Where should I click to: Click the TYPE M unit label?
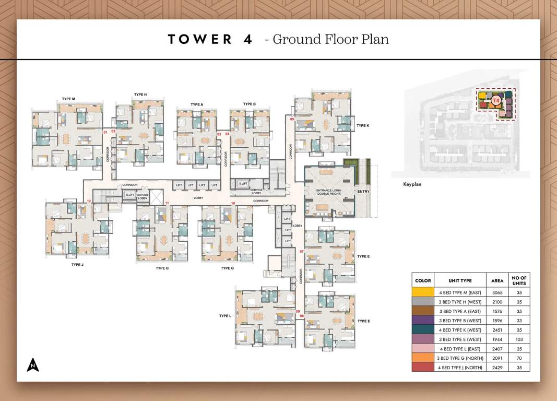coord(68,99)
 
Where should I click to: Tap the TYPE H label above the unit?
coord(140,95)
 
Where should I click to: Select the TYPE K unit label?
coord(363,126)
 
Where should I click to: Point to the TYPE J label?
coord(77,265)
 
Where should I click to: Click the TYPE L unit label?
coord(225,316)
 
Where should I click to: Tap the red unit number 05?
coord(292,120)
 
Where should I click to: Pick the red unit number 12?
coord(89,201)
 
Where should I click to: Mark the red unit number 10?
coord(233,203)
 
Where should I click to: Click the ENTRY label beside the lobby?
coord(363,192)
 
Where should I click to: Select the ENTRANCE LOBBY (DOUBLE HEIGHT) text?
coord(328,192)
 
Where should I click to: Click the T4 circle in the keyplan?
coord(496,100)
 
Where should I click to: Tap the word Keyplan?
coord(412,184)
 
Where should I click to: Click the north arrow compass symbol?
coord(33,365)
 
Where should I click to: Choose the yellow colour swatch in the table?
coord(423,292)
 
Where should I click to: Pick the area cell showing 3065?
coord(497,292)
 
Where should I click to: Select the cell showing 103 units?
coord(519,339)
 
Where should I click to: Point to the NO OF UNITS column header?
coord(519,280)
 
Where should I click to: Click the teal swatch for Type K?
coord(423,330)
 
